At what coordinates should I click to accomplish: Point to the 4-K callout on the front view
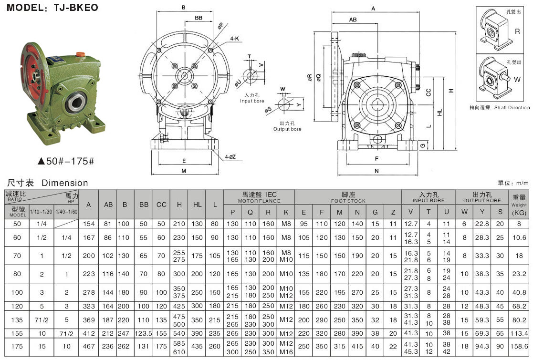click(234, 38)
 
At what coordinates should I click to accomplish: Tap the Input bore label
click(251, 98)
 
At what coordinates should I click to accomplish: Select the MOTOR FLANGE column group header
click(259, 197)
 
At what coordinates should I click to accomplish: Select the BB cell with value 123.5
click(143, 333)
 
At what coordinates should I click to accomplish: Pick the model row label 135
click(17, 319)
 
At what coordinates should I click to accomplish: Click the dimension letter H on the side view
click(450, 91)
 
